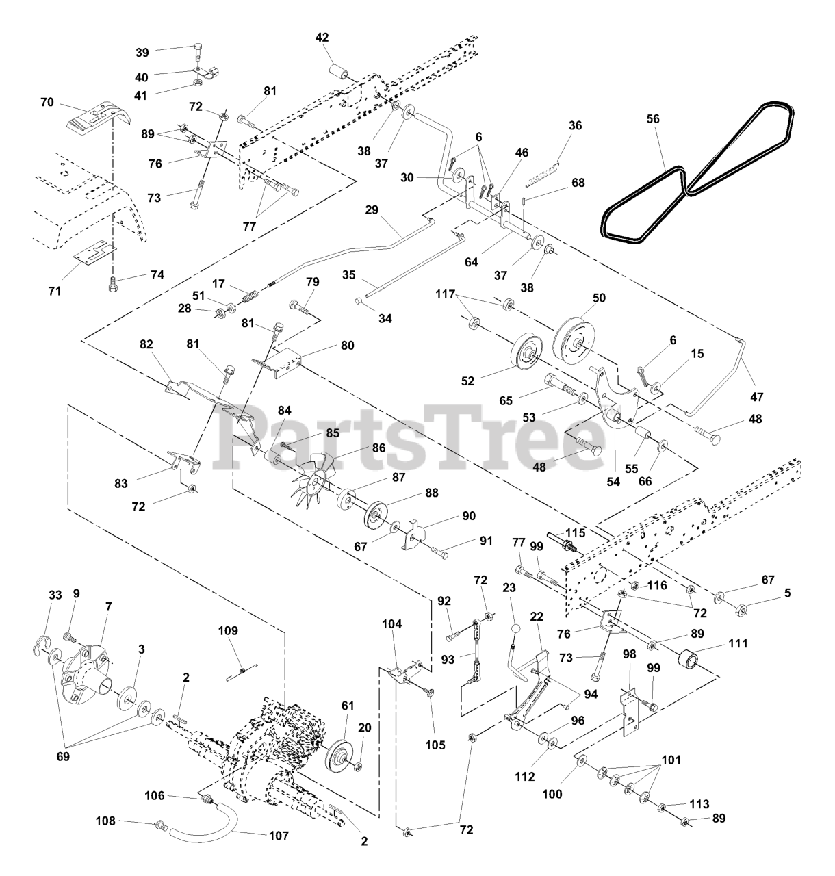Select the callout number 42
[322, 38]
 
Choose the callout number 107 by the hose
[279, 836]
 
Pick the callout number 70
[47, 103]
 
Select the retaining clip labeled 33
[42, 645]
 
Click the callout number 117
[445, 294]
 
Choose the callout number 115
[576, 533]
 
